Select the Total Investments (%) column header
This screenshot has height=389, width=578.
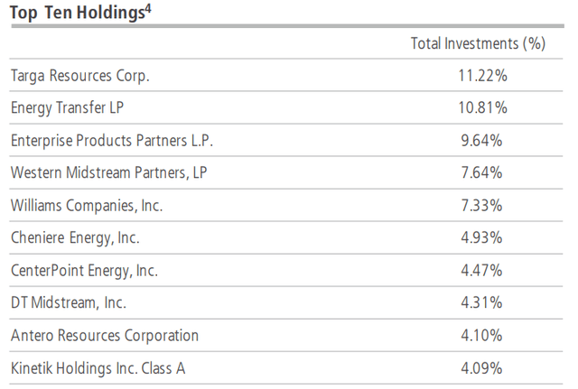(x=479, y=43)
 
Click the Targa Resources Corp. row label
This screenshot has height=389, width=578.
(x=79, y=76)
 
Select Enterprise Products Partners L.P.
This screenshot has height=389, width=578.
(x=112, y=141)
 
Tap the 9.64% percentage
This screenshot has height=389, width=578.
(x=482, y=141)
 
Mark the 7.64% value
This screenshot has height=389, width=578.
(x=482, y=173)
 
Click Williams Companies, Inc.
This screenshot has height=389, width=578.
(x=87, y=206)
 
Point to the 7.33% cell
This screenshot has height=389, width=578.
(x=482, y=206)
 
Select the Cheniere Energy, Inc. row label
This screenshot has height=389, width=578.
(x=76, y=238)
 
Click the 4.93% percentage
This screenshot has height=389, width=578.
(x=482, y=238)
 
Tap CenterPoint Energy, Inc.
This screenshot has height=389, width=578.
(x=85, y=271)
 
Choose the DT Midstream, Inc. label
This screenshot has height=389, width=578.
(x=69, y=303)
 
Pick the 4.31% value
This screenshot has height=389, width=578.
(x=482, y=303)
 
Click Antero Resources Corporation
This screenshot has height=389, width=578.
(x=104, y=336)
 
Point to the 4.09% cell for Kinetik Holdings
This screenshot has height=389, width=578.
(x=482, y=368)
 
